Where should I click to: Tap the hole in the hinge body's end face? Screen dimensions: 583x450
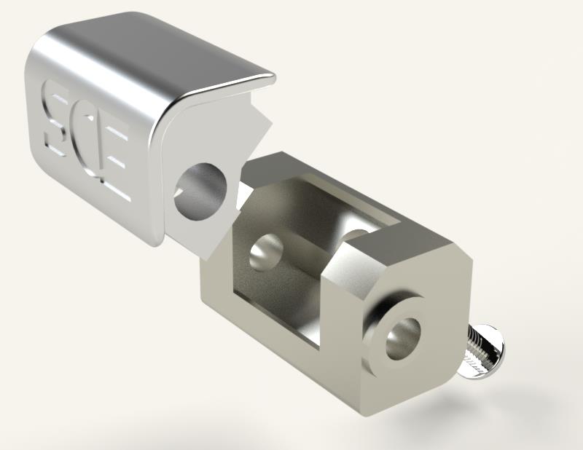tap(404, 338)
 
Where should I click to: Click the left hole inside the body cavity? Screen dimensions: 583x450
tap(266, 252)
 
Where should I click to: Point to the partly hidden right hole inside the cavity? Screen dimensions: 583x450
tap(355, 235)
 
